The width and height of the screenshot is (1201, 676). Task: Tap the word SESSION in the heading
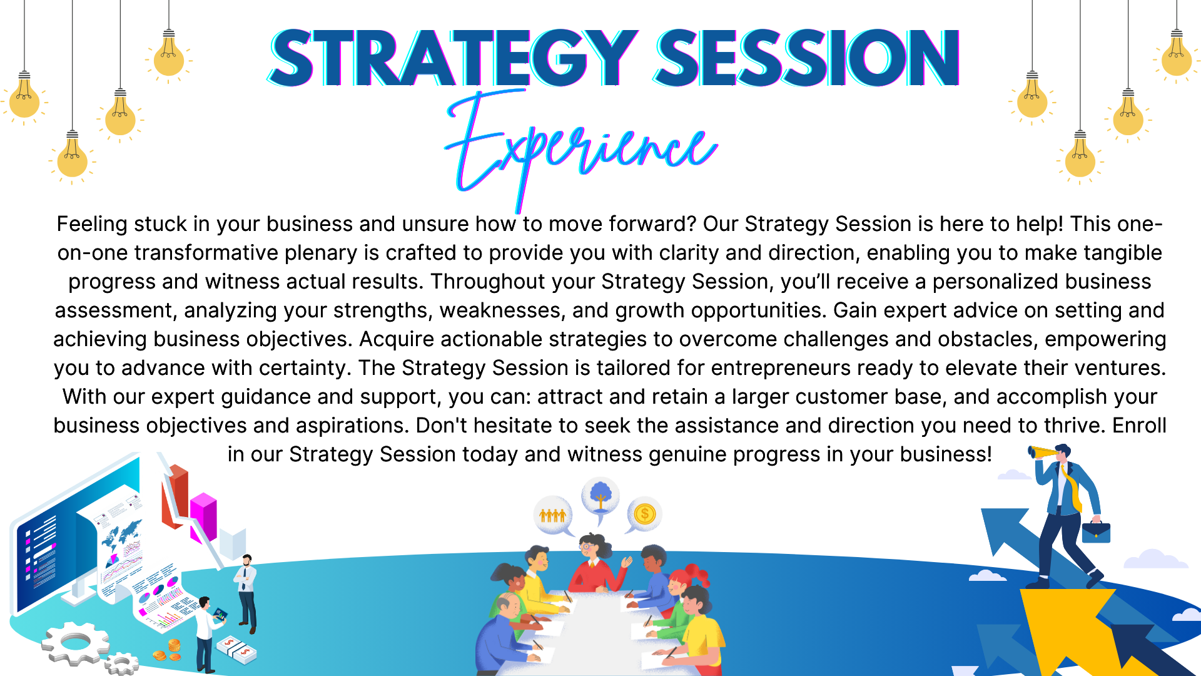[x=807, y=58]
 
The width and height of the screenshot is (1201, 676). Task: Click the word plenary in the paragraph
[x=320, y=253]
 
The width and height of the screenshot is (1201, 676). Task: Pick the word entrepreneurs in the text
[x=781, y=368]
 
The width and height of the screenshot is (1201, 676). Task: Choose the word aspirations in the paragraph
[x=352, y=426]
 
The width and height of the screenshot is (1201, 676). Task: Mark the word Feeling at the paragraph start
[x=91, y=224]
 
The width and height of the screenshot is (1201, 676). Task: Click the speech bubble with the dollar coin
[x=644, y=515]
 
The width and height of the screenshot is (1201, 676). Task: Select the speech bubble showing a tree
[x=600, y=498]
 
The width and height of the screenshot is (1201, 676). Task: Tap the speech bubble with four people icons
[x=553, y=516]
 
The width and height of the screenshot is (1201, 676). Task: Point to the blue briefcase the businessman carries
[x=1096, y=531]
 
